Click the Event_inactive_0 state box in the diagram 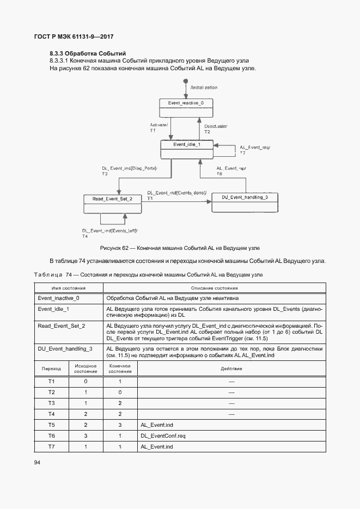pos(186,106)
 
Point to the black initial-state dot pos(186,81)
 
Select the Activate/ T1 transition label pos(159,128)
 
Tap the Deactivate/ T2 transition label pos(215,129)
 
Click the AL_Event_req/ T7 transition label pos(254,150)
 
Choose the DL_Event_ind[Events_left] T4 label pos(109,233)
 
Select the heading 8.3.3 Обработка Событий pos(88,53)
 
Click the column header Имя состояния pos(69,288)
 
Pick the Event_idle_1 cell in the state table pos(53,309)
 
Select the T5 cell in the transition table pos(52,424)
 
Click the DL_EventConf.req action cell pos(163,436)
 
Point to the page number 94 pos(38,462)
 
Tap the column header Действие pos(231,369)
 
